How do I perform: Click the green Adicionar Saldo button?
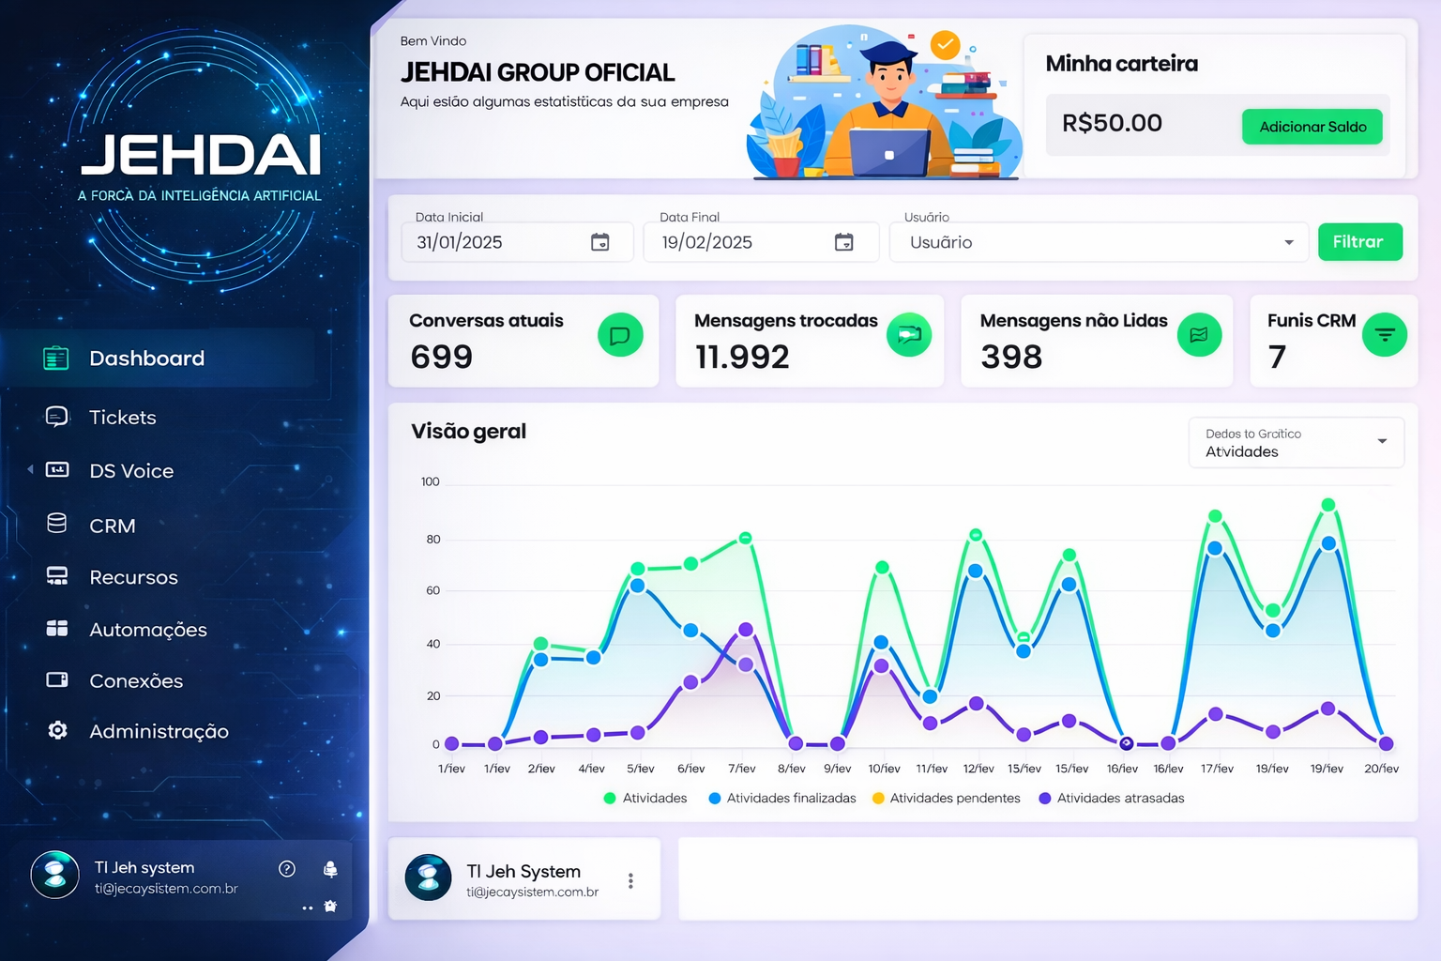tap(1312, 127)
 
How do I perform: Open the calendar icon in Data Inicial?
tap(600, 242)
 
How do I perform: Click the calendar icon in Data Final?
tap(844, 242)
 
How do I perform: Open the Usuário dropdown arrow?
tap(1289, 243)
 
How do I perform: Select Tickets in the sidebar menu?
tap(122, 418)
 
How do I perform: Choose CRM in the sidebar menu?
tap(112, 526)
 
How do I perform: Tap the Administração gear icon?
tap(57, 730)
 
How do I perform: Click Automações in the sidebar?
tap(147, 630)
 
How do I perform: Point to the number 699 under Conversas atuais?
tap(442, 357)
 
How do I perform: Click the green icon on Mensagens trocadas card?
tap(908, 335)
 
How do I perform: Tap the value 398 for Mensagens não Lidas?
tap(1011, 357)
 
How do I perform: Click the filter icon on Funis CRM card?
tap(1384, 335)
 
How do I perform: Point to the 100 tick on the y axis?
tap(431, 482)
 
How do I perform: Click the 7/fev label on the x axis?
tap(742, 769)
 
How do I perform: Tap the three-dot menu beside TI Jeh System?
tap(630, 880)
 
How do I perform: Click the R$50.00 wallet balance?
tap(1112, 123)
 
